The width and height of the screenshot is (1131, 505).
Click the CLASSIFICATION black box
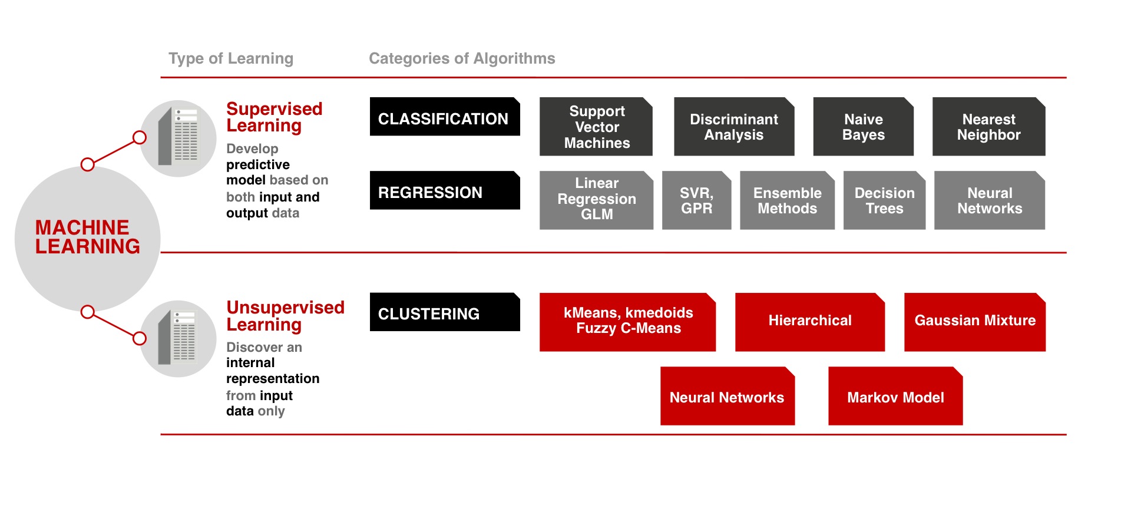[x=444, y=117]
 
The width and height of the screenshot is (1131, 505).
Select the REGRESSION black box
[x=444, y=190]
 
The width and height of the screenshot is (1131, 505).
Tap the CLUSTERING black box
[x=444, y=312]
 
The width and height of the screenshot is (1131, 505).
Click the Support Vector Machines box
[x=596, y=127]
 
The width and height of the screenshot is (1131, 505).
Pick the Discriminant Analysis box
[x=733, y=127]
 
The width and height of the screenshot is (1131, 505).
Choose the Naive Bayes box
[x=863, y=127]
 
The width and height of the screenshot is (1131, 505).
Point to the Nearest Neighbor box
[x=988, y=127]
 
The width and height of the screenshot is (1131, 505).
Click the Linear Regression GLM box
[x=596, y=200]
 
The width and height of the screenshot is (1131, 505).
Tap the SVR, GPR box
[x=696, y=200]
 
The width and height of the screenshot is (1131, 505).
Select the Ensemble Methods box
[x=787, y=200]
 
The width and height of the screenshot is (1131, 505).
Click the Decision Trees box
[x=884, y=200]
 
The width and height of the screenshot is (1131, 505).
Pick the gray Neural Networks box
[x=989, y=200]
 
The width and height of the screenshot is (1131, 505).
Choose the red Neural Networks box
[x=727, y=397]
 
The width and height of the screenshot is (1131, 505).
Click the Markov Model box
[x=895, y=397]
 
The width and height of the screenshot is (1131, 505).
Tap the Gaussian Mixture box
[x=974, y=322]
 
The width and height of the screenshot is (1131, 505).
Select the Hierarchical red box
[x=809, y=322]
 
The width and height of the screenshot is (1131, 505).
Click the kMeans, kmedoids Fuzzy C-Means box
[x=627, y=322]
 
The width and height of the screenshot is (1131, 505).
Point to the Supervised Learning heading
[x=274, y=117]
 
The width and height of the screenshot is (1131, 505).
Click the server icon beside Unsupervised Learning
[x=178, y=338]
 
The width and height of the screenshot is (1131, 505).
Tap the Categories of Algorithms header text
[x=462, y=58]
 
